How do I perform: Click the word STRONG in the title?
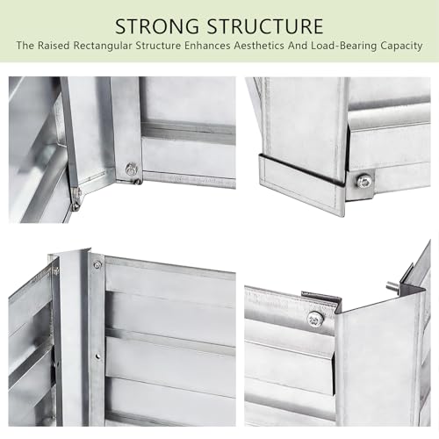coord(156,26)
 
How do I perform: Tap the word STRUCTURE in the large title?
coord(265,26)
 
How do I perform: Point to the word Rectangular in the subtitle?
coord(103,47)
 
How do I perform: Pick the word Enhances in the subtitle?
coord(207,46)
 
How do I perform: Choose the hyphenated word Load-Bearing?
coord(343,47)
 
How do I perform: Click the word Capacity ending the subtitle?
coord(401,47)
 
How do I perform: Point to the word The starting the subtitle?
coord(25,46)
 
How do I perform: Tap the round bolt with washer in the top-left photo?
coord(131,169)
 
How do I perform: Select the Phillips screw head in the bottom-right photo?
coord(314,320)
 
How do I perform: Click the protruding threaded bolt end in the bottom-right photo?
coord(392,284)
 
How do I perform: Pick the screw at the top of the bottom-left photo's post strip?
coord(97,265)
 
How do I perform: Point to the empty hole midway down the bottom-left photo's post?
coord(97,356)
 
